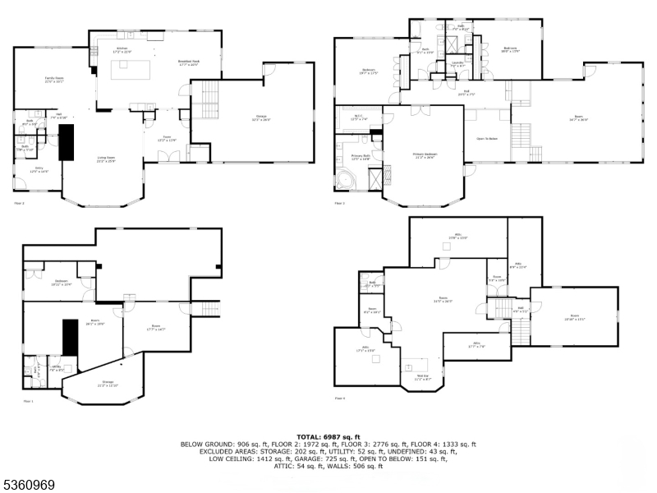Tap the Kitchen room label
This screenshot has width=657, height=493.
122,50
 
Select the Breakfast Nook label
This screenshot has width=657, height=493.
189,63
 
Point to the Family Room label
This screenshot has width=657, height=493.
54,79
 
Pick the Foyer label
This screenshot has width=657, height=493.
167,138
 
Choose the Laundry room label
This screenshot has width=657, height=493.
458,64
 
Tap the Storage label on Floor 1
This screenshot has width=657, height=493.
108,383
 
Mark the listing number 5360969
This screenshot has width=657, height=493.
29,486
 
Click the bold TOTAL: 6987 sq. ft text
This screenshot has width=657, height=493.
328,437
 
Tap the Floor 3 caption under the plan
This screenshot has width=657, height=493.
339,203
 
